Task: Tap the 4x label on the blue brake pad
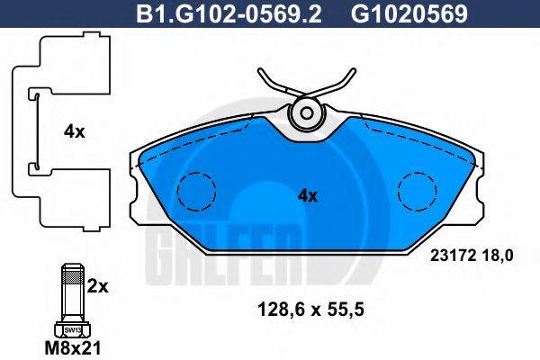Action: point(308,194)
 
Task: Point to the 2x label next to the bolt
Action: point(98,287)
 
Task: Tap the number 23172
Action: point(454,256)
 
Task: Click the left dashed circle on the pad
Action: point(195,189)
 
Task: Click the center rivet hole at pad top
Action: point(307,114)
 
